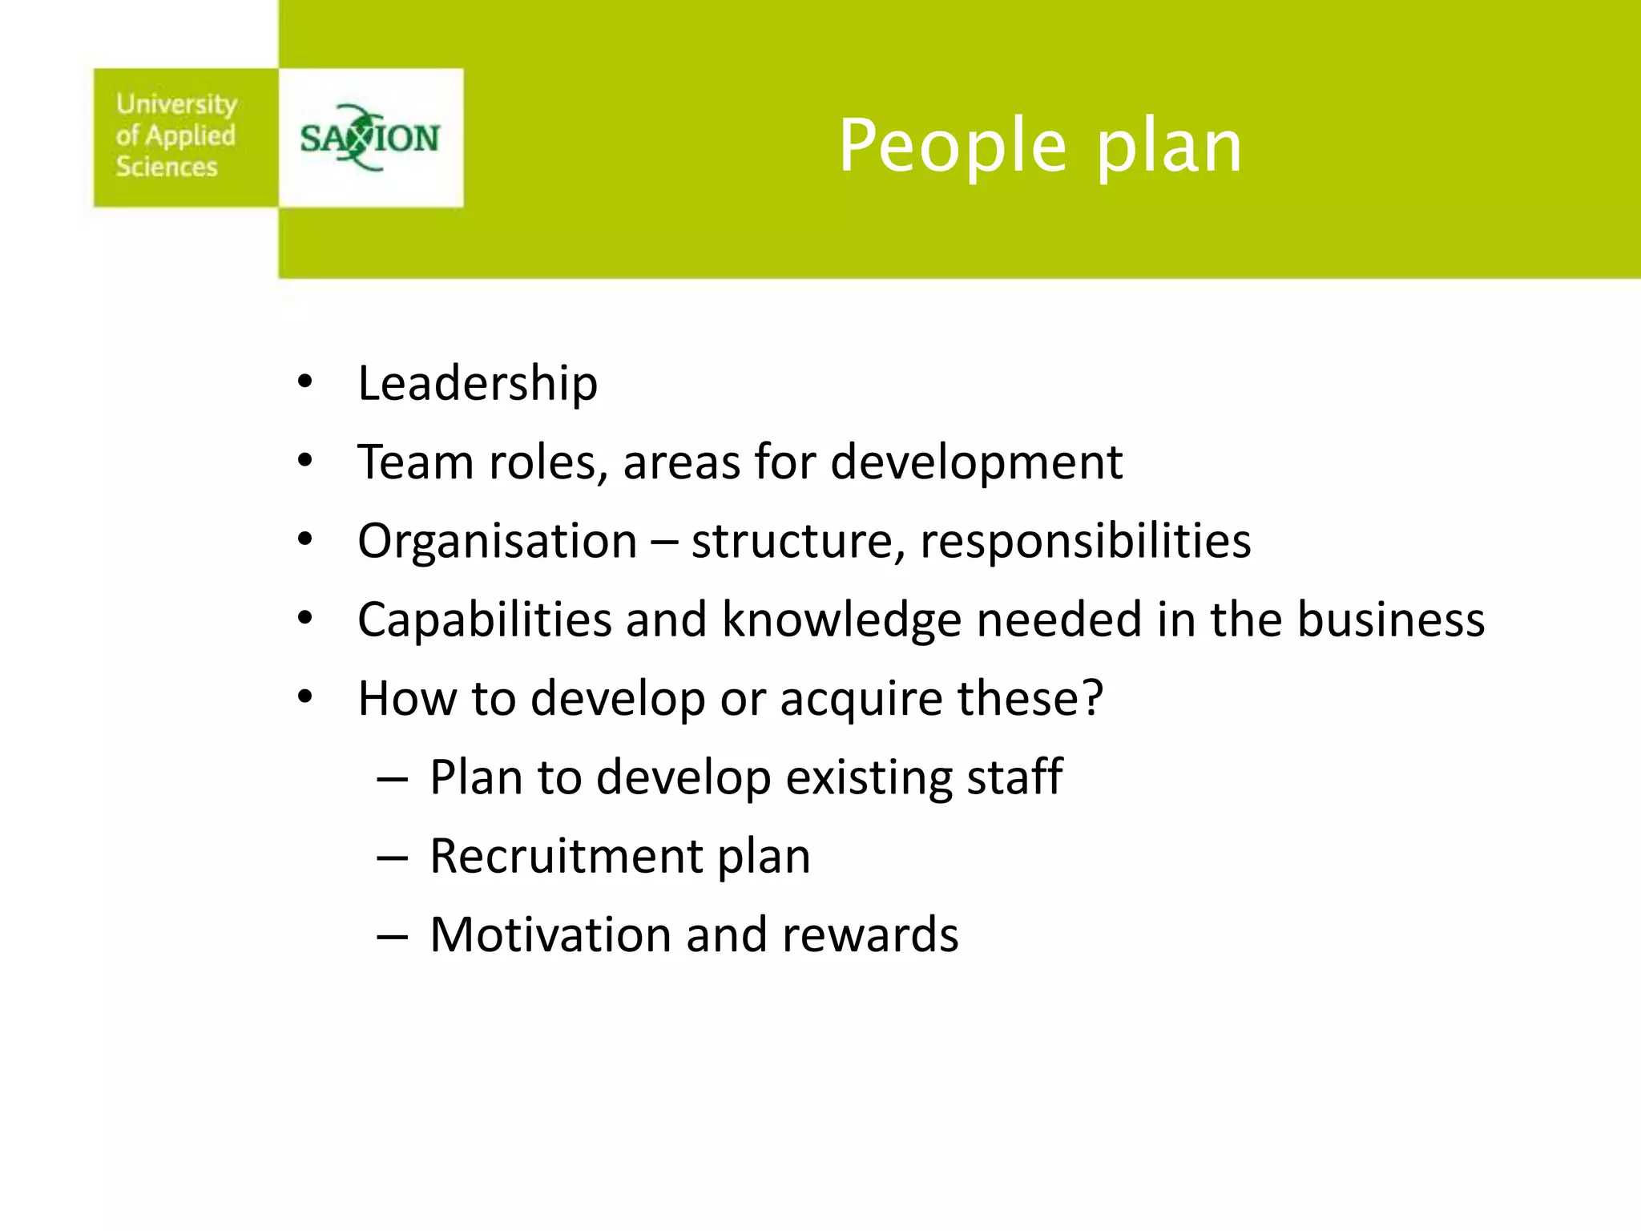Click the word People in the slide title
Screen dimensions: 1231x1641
pos(953,146)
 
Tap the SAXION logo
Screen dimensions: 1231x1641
pos(370,138)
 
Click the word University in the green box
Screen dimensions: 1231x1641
pos(176,104)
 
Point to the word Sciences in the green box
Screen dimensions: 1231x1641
pos(167,167)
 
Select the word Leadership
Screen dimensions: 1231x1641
pos(478,383)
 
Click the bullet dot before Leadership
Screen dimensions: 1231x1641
pos(304,382)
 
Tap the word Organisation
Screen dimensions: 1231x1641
pos(497,542)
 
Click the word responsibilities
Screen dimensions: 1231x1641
pos(1085,542)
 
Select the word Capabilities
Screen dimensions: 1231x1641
pos(485,620)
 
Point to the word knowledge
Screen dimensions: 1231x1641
pos(841,620)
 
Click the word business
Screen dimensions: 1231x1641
pos(1391,620)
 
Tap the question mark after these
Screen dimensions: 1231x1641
pos(1092,697)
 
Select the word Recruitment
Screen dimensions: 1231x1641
pos(566,856)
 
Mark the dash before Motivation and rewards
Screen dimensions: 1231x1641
pos(393,936)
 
